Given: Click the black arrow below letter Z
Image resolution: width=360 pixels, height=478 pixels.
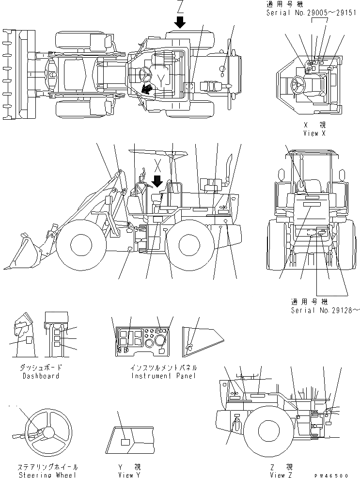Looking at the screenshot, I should tap(180, 22).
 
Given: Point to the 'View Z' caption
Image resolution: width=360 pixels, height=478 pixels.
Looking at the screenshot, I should tap(282, 475).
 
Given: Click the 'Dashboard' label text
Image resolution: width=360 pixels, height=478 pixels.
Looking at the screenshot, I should tap(41, 376).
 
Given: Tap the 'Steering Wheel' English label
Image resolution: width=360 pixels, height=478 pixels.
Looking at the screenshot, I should tap(47, 475).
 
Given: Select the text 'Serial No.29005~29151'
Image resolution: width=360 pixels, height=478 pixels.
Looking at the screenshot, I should tap(313, 13).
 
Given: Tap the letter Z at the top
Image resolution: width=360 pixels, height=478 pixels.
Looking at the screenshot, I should tap(180, 7).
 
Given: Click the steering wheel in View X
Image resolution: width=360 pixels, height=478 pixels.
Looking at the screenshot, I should tap(297, 86).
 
